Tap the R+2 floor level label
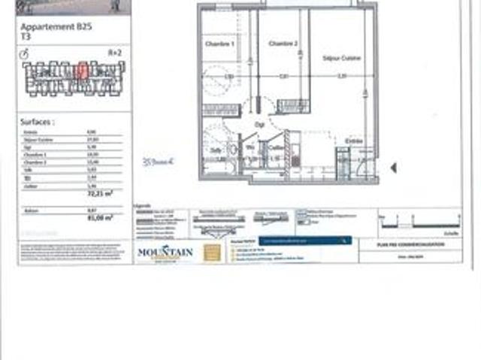115,53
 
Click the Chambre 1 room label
220,44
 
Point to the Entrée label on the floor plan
353,141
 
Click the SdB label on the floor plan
216,150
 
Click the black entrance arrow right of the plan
393,168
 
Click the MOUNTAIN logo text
165,252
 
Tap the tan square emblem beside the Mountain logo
213,253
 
